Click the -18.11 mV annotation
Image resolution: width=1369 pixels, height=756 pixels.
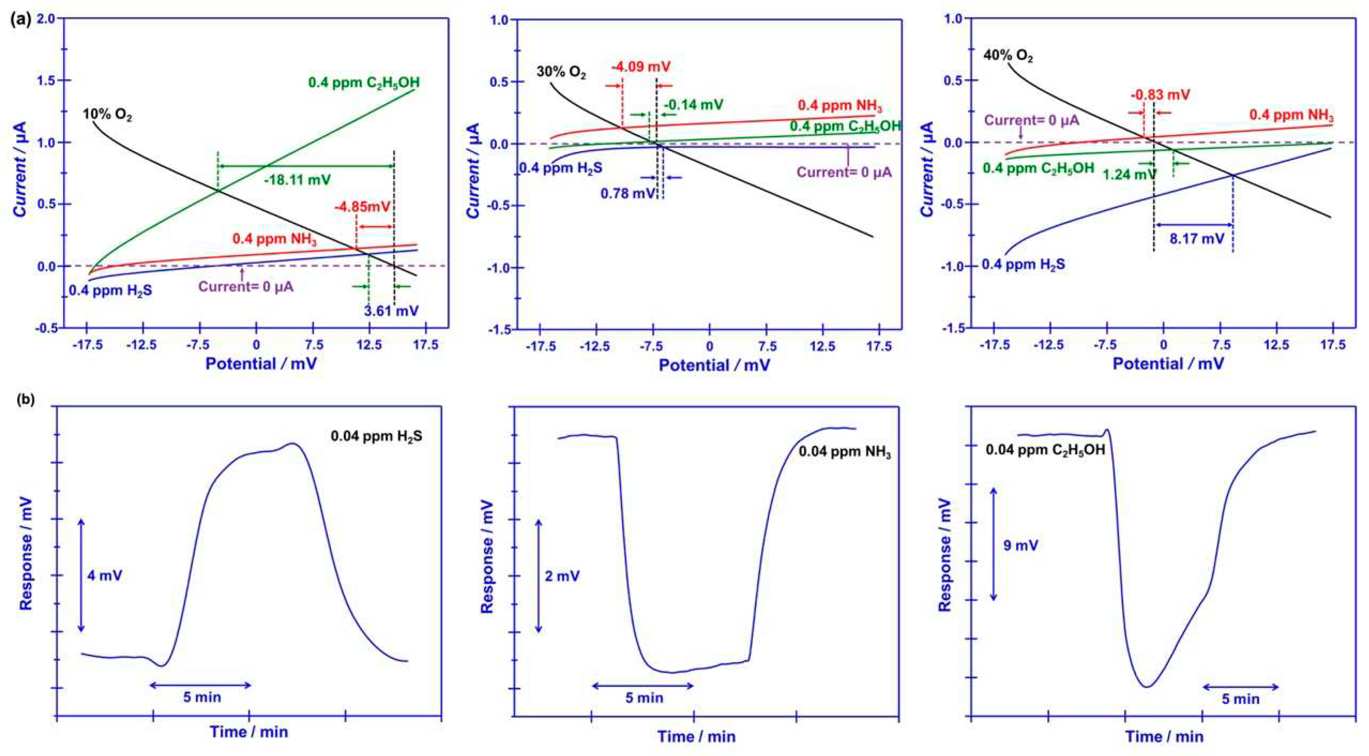click(297, 180)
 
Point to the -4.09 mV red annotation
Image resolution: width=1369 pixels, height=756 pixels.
click(641, 67)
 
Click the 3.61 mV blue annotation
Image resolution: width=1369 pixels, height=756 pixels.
click(391, 310)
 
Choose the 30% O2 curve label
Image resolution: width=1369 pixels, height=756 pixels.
click(561, 72)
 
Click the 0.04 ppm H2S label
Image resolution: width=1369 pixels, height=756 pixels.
click(376, 436)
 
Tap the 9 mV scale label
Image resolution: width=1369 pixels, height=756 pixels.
click(1020, 546)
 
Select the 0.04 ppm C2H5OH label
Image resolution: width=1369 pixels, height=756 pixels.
click(1045, 450)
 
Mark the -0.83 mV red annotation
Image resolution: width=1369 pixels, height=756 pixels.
click(1160, 95)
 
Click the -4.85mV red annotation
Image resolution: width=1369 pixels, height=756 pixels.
click(362, 207)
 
